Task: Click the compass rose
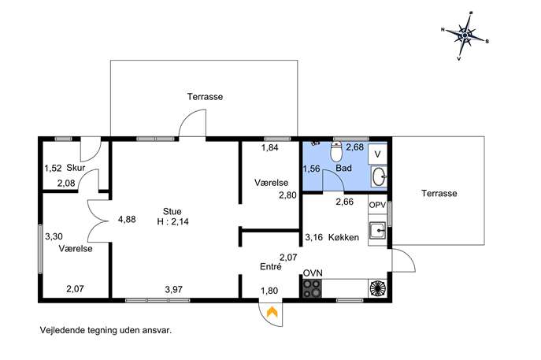pyautogui.click(x=465, y=35)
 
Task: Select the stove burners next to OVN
pyautogui.click(x=312, y=288)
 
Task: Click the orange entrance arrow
pyautogui.click(x=272, y=312)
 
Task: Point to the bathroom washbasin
pyautogui.click(x=379, y=176)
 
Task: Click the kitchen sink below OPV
pyautogui.click(x=377, y=231)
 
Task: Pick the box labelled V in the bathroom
pyautogui.click(x=377, y=154)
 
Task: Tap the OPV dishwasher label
pyautogui.click(x=377, y=205)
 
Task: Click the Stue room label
pyautogui.click(x=172, y=211)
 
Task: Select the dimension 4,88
pyautogui.click(x=127, y=219)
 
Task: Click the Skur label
pyautogui.click(x=76, y=168)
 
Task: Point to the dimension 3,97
pyautogui.click(x=173, y=289)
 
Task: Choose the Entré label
pyautogui.click(x=271, y=266)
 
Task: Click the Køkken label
pyautogui.click(x=343, y=237)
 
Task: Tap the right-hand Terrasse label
pyautogui.click(x=439, y=193)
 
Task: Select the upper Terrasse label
pyautogui.click(x=205, y=97)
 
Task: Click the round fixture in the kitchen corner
pyautogui.click(x=378, y=288)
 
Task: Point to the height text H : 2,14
pyautogui.click(x=173, y=221)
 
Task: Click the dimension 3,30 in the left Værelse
pyautogui.click(x=54, y=236)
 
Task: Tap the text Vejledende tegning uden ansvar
pyautogui.click(x=106, y=330)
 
